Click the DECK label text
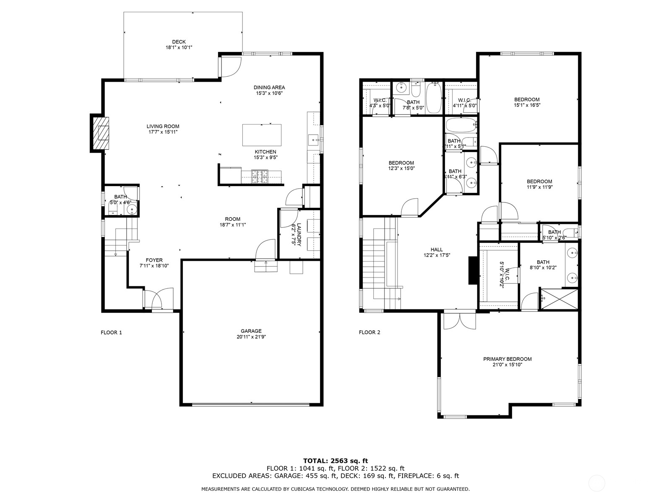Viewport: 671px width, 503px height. [179, 42]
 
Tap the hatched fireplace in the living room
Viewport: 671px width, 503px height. [101, 133]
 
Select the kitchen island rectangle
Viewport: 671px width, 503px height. [262, 135]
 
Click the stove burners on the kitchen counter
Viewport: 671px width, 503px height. [260, 177]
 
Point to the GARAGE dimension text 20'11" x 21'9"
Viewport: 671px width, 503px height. [251, 337]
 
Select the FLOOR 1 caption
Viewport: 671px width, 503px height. [111, 332]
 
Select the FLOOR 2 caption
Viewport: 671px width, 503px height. [369, 332]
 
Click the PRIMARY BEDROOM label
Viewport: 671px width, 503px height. [507, 359]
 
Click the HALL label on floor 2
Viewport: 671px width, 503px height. [436, 249]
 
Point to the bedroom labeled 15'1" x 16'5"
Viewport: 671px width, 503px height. [527, 102]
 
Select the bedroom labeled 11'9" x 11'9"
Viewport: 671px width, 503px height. [539, 184]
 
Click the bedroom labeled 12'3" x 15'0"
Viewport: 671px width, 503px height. [401, 166]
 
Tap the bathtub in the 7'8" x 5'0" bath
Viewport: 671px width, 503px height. [434, 97]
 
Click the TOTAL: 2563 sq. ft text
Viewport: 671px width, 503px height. [335, 461]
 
